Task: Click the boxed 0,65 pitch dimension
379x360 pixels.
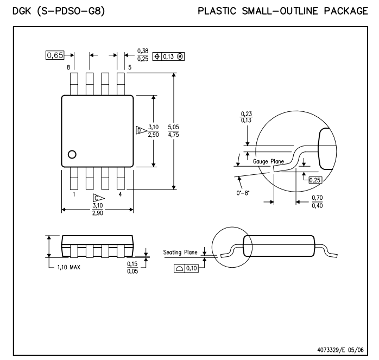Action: point(55,55)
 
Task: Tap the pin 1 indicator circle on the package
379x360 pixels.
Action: point(72,155)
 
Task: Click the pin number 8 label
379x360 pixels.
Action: point(68,67)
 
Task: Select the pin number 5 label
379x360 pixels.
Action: point(130,67)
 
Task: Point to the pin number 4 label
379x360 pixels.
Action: point(120,194)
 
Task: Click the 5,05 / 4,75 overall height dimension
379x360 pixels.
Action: point(174,131)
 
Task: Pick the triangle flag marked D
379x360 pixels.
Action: point(141,130)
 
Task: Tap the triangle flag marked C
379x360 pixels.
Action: point(99,198)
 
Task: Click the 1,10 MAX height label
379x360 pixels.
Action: point(68,267)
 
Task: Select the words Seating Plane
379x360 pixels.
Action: point(180,252)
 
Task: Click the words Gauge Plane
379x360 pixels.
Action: point(268,161)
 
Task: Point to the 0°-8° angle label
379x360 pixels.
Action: point(243,193)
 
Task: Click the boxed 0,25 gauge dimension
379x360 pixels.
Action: point(315,180)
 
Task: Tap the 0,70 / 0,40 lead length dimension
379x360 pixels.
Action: point(317,201)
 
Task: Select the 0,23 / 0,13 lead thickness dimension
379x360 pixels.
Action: point(247,117)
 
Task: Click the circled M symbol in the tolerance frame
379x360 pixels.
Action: point(180,56)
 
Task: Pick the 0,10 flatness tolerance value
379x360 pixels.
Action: point(192,268)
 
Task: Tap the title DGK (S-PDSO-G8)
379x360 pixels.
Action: point(59,11)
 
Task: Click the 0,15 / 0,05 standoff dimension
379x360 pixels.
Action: point(132,267)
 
